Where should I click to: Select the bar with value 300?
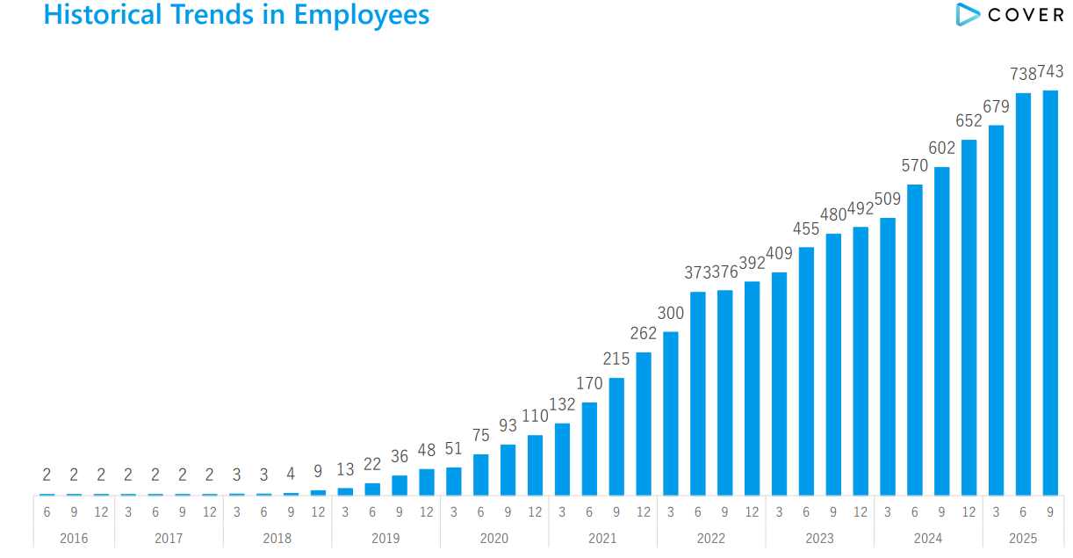pyautogui.click(x=671, y=413)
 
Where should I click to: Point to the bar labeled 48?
pyautogui.click(x=427, y=482)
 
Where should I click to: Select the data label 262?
pyautogui.click(x=644, y=333)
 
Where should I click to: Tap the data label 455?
pyautogui.click(x=806, y=228)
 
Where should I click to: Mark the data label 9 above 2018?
pyautogui.click(x=318, y=472)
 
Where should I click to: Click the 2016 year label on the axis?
pyautogui.click(x=74, y=538)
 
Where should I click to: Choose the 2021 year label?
pyautogui.click(x=602, y=538)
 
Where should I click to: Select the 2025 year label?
pyautogui.click(x=1023, y=538)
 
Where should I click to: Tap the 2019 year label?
pyautogui.click(x=385, y=538)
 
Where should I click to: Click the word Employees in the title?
pyautogui.click(x=363, y=15)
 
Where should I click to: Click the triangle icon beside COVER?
pyautogui.click(x=969, y=14)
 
